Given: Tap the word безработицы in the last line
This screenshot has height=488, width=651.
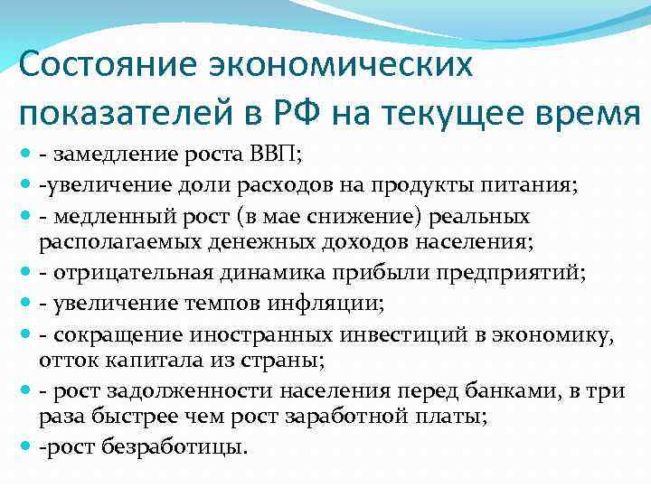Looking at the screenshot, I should tap(187, 446).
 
